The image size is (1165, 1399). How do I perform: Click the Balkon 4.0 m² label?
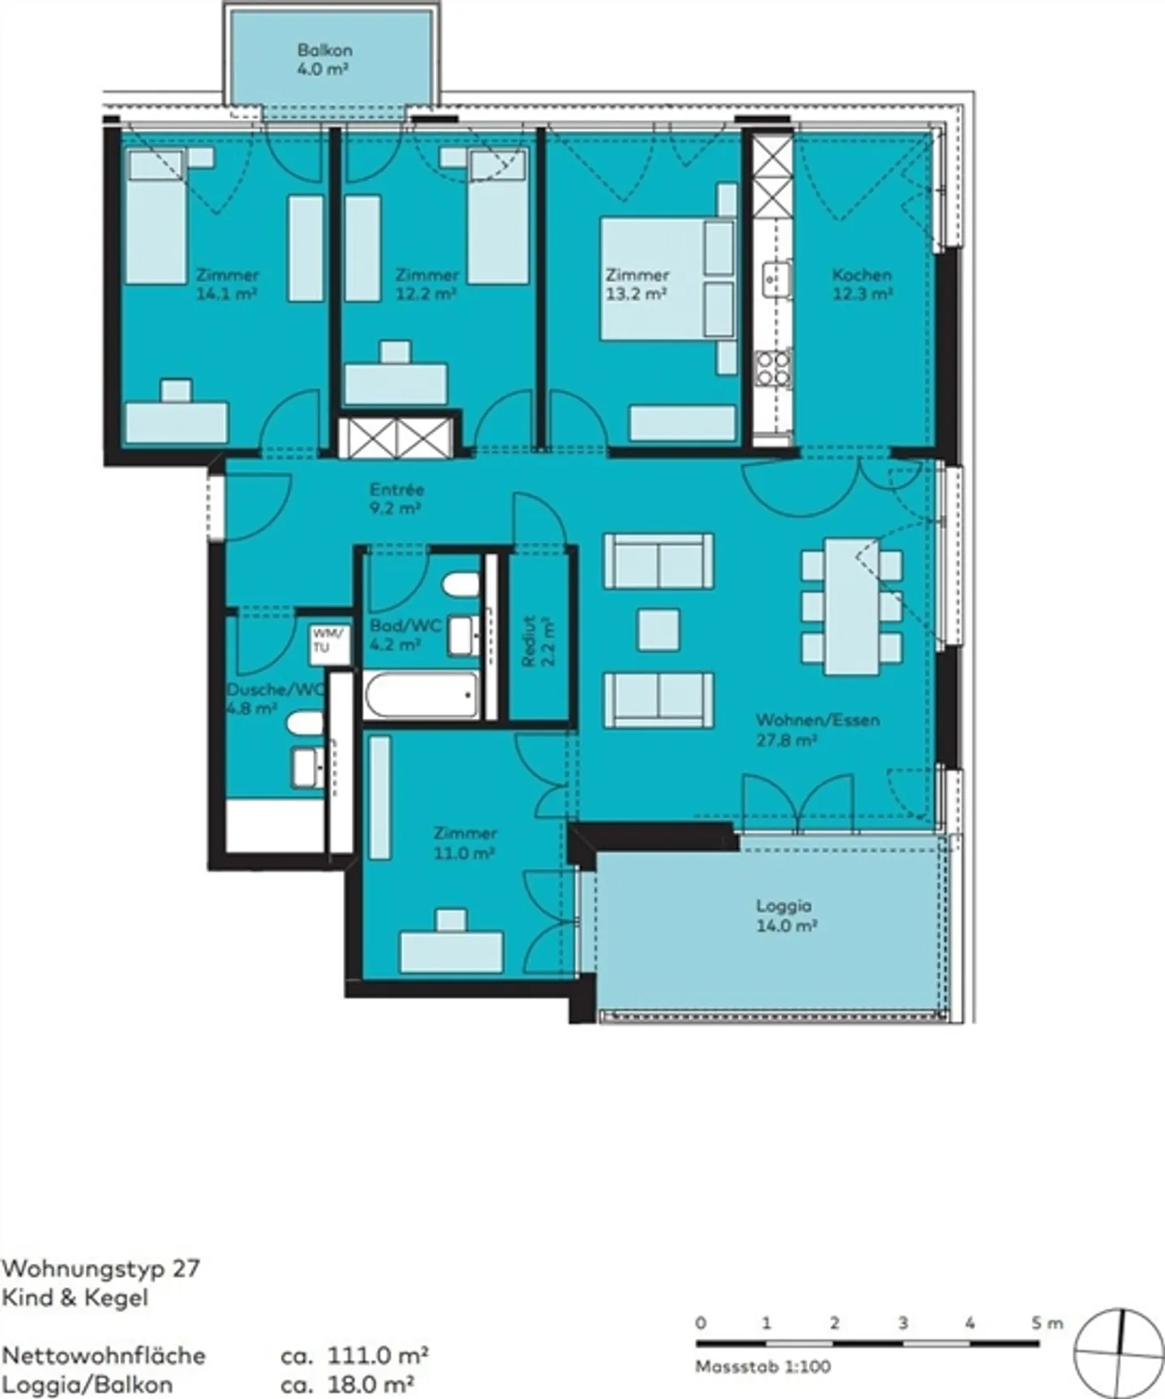pyautogui.click(x=324, y=59)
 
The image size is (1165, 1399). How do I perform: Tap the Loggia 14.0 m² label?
pyautogui.click(x=784, y=915)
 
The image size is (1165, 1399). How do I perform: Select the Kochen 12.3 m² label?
pyautogui.click(x=862, y=284)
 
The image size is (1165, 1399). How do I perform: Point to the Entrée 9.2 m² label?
pyautogui.click(x=396, y=498)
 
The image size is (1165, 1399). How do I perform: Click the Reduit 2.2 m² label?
pyautogui.click(x=537, y=641)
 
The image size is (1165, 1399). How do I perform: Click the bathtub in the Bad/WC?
pyautogui.click(x=421, y=694)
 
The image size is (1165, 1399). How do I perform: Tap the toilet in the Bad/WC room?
pyautogui.click(x=461, y=584)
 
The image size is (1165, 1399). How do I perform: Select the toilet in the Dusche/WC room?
pyautogui.click(x=305, y=723)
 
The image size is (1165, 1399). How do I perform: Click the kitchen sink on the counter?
pyautogui.click(x=776, y=280)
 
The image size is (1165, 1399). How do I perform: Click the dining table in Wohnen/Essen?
pyautogui.click(x=851, y=606)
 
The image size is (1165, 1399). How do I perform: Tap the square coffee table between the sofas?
pyautogui.click(x=658, y=630)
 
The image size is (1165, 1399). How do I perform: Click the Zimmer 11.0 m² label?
pyautogui.click(x=464, y=842)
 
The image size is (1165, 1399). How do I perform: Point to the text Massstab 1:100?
pyautogui.click(x=762, y=1367)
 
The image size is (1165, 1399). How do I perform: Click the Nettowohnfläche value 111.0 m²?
pyautogui.click(x=377, y=1354)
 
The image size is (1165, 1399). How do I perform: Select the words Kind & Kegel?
pyautogui.click(x=74, y=1298)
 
